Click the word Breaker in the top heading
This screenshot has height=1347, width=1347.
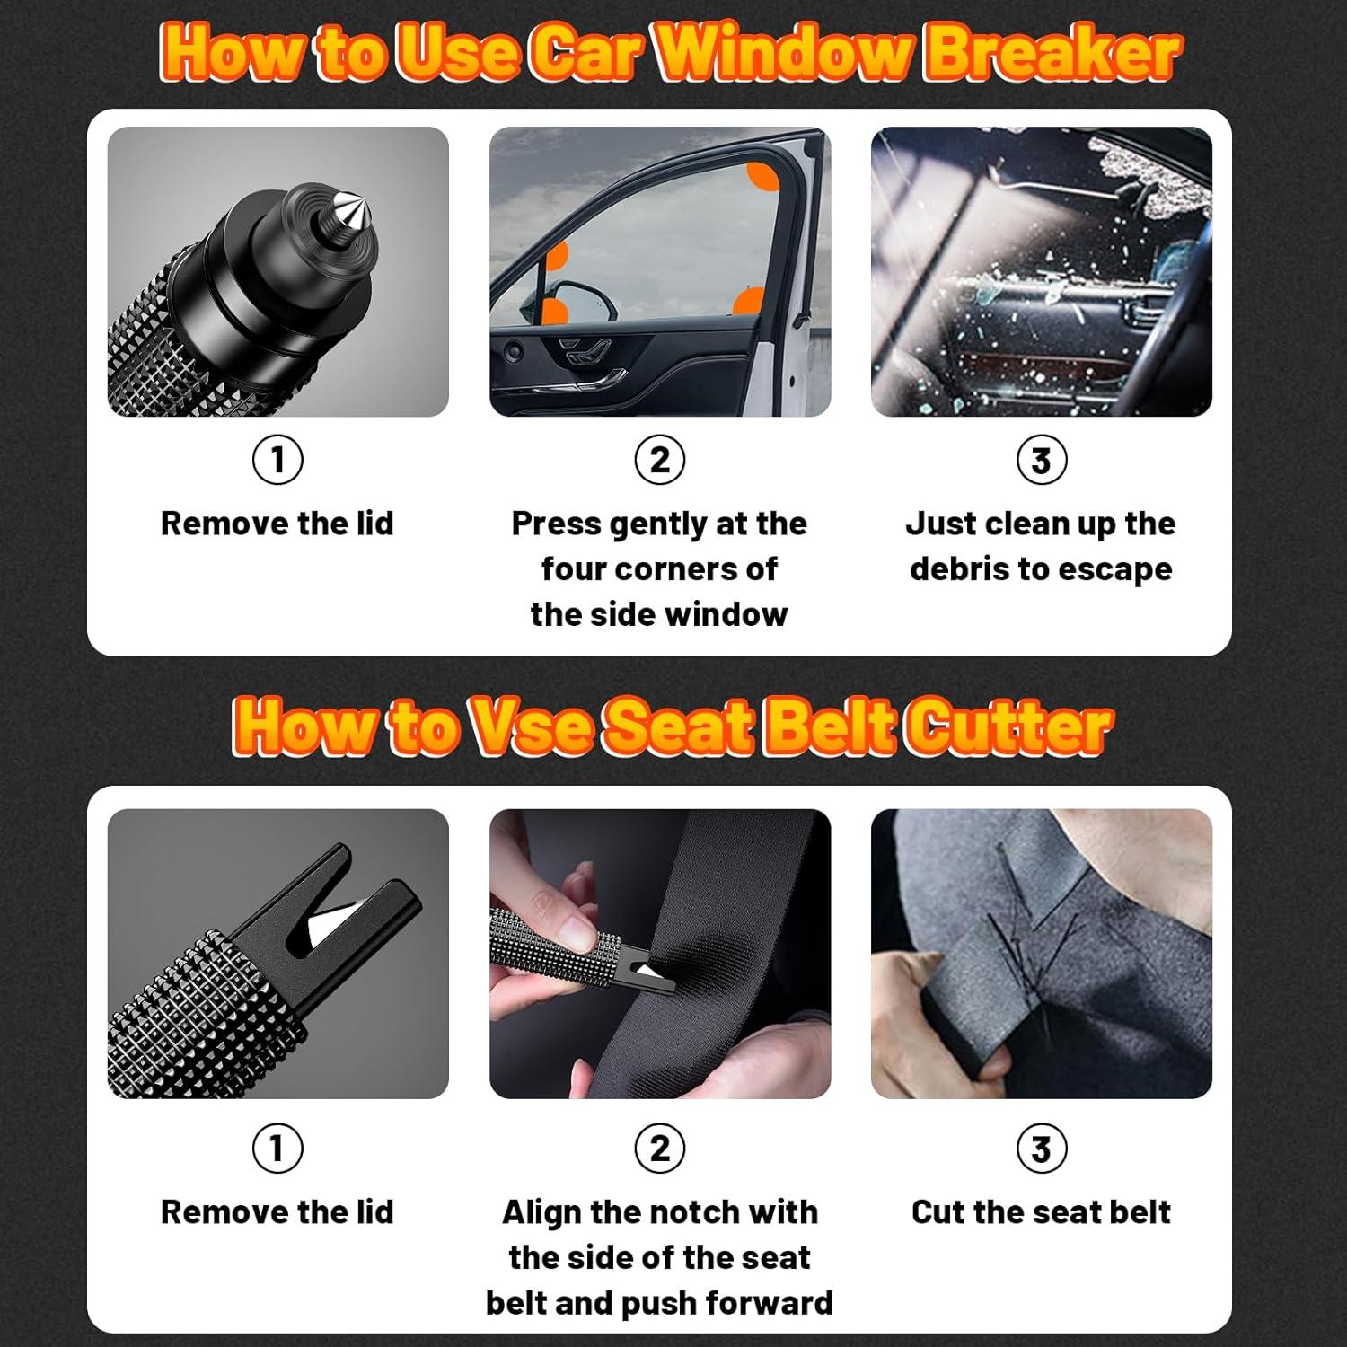(x=1052, y=52)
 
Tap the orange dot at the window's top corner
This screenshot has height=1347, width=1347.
(x=764, y=177)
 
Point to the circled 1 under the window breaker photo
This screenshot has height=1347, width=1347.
(x=277, y=460)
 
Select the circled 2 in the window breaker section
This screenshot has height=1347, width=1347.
(x=660, y=460)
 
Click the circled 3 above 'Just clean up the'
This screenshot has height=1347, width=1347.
(x=1042, y=460)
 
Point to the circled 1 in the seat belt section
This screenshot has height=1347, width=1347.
(x=277, y=1148)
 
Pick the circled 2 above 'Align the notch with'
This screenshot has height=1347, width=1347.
(x=660, y=1148)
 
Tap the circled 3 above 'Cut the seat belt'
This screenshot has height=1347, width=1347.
(x=1042, y=1148)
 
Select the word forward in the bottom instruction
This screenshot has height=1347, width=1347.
(x=770, y=1303)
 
